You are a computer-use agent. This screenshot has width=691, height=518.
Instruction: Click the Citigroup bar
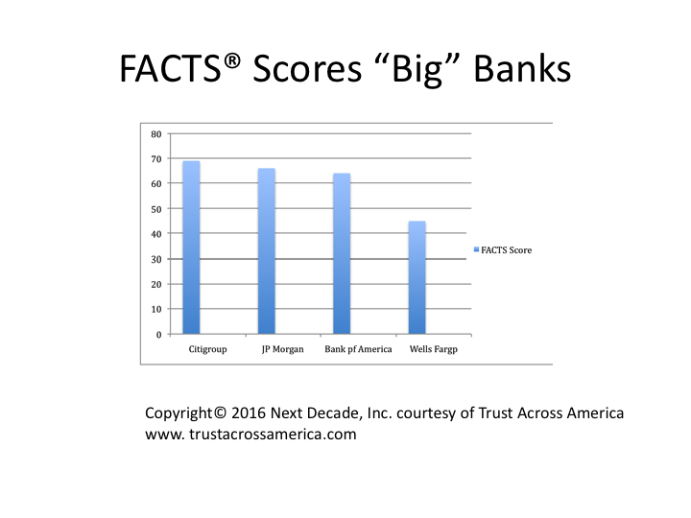(x=191, y=247)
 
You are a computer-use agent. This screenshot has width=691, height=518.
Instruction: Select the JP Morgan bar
(x=267, y=251)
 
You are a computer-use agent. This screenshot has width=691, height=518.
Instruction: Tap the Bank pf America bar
(x=342, y=253)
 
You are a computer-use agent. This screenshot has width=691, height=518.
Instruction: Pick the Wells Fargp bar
(x=417, y=277)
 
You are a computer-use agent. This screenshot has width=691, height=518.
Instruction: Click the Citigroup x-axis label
(x=207, y=349)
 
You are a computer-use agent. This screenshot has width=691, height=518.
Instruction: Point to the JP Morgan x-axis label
(x=282, y=349)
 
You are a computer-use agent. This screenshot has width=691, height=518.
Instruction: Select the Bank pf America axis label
(x=358, y=349)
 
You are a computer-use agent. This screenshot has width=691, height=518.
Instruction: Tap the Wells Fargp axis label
(x=434, y=349)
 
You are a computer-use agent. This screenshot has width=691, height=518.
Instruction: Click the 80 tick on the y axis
(x=156, y=134)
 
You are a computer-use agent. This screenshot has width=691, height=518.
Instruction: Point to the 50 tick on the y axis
(x=156, y=209)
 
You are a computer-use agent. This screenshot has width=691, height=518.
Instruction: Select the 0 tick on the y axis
(x=159, y=335)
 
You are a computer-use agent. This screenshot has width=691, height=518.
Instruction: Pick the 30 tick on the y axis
(x=156, y=259)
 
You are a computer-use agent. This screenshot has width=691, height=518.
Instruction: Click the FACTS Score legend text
(x=507, y=250)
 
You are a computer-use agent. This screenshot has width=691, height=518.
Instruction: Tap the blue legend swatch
(x=476, y=249)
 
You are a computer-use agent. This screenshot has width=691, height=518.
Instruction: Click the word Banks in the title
(x=522, y=68)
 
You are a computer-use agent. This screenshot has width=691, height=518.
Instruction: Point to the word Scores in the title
(x=307, y=69)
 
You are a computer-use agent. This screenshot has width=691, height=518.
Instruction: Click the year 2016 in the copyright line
(x=249, y=413)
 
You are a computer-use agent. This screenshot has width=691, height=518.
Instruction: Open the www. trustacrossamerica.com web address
(x=250, y=435)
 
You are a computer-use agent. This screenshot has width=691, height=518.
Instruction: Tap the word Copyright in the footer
(x=179, y=413)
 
